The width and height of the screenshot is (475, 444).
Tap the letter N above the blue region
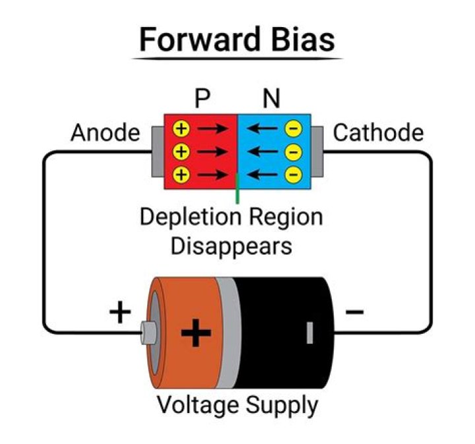270,99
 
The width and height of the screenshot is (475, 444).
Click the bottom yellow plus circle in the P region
182,174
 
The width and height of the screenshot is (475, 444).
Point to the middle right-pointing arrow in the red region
212,152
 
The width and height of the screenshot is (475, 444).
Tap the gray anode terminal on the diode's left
157,152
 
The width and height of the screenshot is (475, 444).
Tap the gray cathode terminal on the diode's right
317,152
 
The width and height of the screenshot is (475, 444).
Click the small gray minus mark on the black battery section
309,333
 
